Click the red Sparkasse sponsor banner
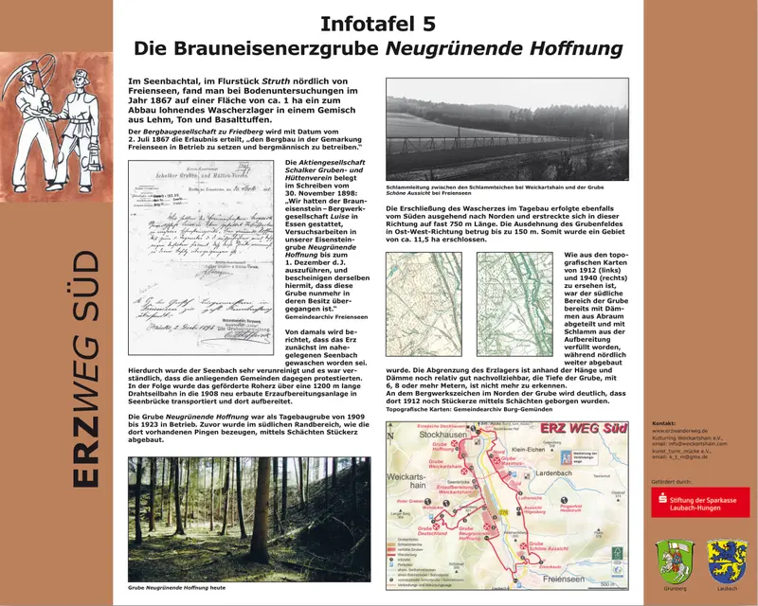[x=700, y=502]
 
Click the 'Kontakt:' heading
[x=665, y=423]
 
